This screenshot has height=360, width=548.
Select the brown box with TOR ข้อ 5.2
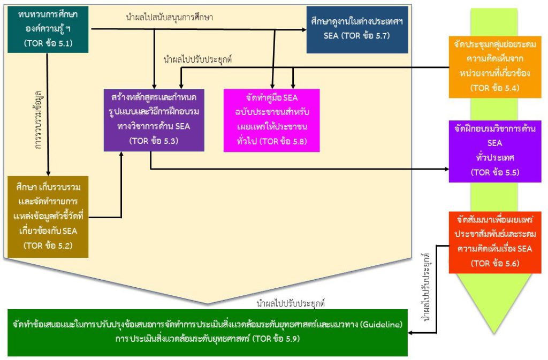(x=48, y=217)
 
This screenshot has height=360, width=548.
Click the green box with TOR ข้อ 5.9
(x=208, y=332)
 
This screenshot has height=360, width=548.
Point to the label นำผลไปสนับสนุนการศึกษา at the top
(x=169, y=18)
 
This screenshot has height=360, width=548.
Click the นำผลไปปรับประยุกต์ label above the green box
(x=291, y=303)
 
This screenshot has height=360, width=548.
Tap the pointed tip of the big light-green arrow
(x=497, y=332)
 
